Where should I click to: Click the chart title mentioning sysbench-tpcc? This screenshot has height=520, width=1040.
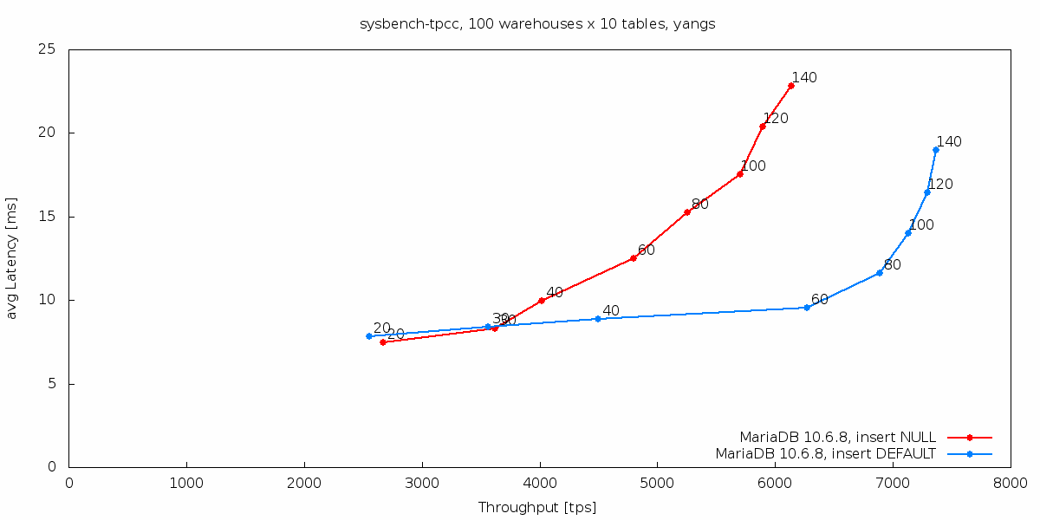[537, 24]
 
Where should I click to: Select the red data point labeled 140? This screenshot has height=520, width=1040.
[791, 86]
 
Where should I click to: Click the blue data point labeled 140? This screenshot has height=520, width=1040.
[936, 150]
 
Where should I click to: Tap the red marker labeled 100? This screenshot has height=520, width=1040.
[740, 174]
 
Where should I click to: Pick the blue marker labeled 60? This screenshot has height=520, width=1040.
[807, 308]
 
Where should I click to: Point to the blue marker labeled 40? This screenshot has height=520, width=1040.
[598, 319]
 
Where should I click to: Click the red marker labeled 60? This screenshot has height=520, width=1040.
[634, 258]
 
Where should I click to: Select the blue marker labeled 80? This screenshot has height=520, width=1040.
[880, 273]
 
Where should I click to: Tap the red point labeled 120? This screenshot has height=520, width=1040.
[763, 127]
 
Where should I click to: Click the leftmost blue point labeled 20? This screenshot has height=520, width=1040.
[369, 336]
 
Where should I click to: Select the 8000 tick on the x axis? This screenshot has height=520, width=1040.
[1010, 483]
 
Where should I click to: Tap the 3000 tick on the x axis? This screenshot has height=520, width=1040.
[422, 483]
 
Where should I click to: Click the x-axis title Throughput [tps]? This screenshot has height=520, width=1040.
[537, 507]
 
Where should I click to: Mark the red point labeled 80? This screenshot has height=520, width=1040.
[687, 212]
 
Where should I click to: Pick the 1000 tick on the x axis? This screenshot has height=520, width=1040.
[186, 483]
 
